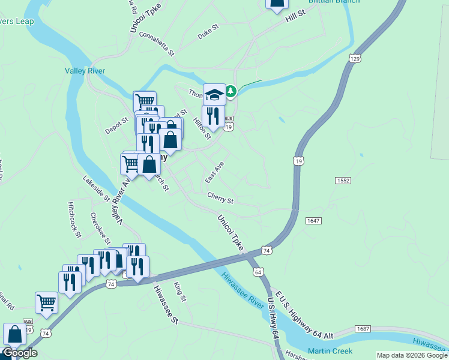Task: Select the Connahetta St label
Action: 156,43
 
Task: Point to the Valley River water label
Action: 85,71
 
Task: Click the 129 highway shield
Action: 355,58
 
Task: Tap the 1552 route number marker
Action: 343,181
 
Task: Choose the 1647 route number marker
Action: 313,221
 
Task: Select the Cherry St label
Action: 220,197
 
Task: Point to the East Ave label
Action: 214,172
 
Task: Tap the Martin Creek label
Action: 330,350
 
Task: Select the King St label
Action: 180,292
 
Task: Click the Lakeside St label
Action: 96,188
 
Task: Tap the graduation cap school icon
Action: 214,95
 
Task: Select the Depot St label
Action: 117,125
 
